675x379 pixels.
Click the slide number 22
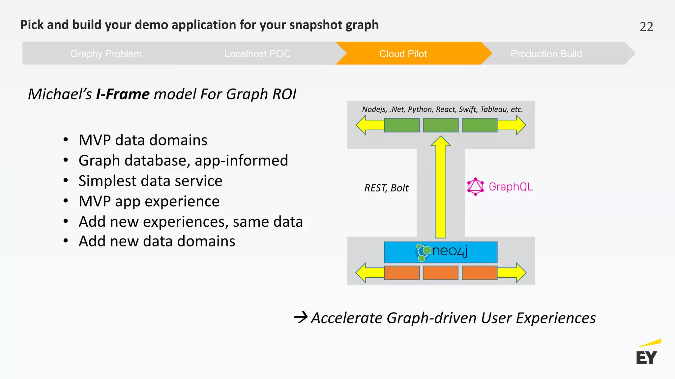point(646,27)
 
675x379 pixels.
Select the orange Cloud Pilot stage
point(403,54)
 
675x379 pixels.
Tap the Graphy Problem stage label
point(106,54)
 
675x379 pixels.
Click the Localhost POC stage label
point(257,54)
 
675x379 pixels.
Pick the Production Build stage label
point(546,54)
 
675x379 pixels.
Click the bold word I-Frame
point(123,94)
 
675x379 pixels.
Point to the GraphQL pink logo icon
point(475,187)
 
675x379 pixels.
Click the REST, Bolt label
point(386,188)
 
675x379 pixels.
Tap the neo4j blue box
point(440,252)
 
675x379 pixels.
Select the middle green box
point(440,125)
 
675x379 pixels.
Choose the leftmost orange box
point(401,273)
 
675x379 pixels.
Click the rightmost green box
point(479,125)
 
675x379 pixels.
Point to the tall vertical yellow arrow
point(441,191)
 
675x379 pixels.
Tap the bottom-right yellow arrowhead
point(520,273)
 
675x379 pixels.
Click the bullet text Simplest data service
point(150,181)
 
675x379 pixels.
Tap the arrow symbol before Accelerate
point(301,317)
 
